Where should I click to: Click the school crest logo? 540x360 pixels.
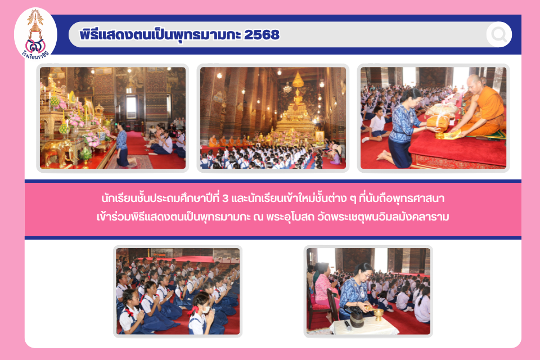35,34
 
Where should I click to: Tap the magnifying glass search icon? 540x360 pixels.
499,34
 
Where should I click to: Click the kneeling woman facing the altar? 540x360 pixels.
122,145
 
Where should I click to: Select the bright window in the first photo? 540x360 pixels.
131,107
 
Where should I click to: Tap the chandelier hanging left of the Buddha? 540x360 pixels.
287,88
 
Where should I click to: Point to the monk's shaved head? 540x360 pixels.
475,82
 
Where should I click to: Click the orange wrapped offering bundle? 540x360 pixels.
438,122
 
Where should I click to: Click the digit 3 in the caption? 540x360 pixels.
226,199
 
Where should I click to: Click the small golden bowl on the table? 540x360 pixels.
378,313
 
